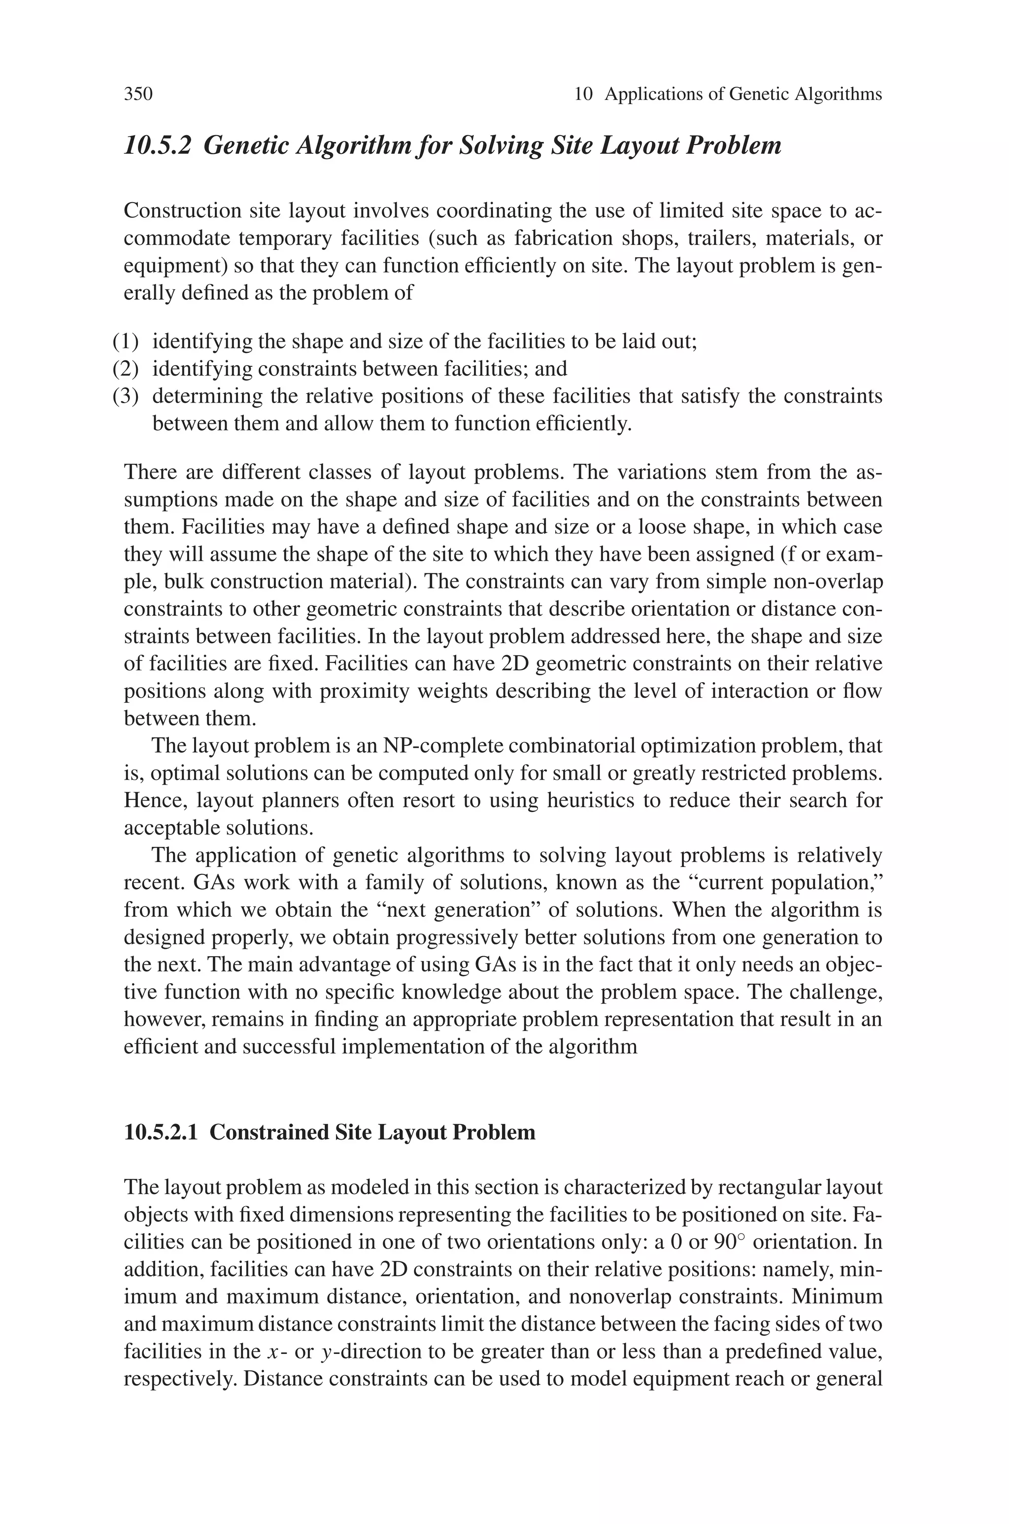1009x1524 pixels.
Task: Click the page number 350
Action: coord(138,95)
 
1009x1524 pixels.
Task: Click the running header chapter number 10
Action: coord(582,95)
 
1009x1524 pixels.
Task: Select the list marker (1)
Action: coord(126,341)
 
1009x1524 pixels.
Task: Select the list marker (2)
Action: coord(126,369)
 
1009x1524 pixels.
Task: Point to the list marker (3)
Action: coord(126,396)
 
